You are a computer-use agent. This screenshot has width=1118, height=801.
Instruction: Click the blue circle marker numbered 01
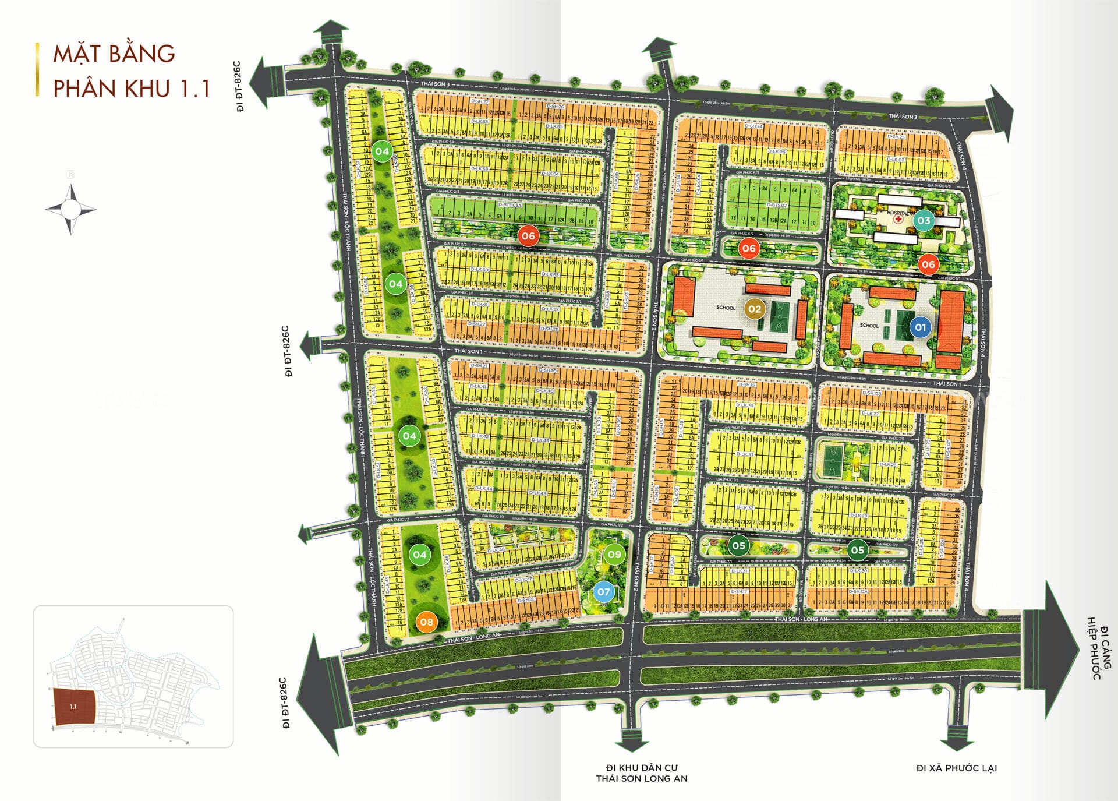coord(920,327)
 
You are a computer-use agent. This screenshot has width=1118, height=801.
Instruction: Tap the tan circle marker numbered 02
coord(754,309)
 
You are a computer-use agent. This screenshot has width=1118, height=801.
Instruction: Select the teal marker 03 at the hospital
coord(924,220)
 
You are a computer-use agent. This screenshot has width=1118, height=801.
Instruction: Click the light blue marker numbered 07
coord(603,592)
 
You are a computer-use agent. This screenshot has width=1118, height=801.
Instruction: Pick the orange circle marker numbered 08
coord(426,622)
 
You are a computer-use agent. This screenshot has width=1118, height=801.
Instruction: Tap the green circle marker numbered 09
coord(614,554)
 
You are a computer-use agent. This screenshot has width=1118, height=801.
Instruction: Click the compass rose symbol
coord(71,209)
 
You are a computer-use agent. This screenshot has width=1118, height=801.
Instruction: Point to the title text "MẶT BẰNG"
coord(114,54)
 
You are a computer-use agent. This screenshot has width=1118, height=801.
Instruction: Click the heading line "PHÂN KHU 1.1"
coord(131,88)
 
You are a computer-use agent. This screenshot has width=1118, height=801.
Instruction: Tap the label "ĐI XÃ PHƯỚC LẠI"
coord(956,768)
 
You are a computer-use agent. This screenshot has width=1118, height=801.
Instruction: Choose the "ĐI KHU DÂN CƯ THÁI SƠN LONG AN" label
coord(641,773)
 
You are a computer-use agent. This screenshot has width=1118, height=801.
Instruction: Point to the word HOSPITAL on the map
coord(897,213)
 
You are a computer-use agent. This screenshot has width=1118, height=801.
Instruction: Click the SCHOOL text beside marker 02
coord(726,308)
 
